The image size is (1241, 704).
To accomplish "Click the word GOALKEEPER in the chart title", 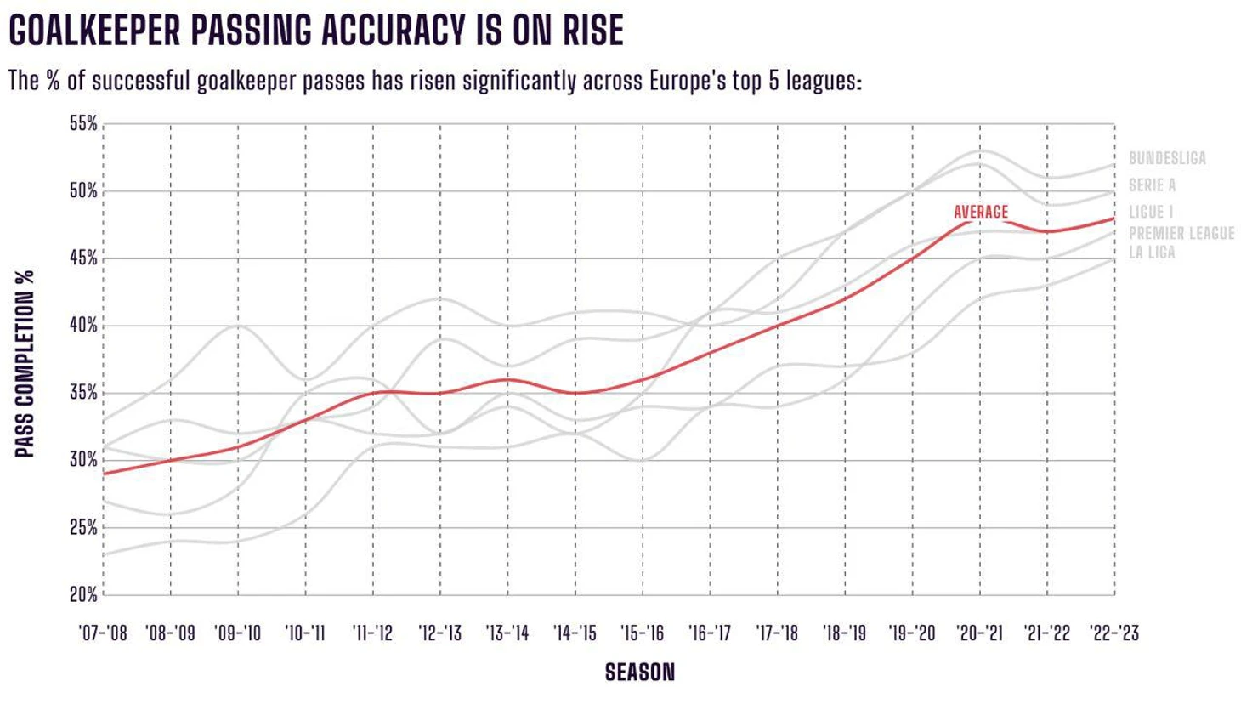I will click(x=94, y=30).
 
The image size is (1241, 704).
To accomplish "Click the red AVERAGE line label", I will click(x=981, y=212).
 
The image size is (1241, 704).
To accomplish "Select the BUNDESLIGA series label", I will click(x=1167, y=158).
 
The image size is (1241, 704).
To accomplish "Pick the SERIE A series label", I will click(x=1152, y=185).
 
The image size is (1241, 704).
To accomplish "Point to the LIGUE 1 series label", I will click(x=1150, y=213).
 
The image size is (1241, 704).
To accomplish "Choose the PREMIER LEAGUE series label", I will click(x=1181, y=233).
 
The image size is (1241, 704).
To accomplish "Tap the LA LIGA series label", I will click(x=1152, y=253).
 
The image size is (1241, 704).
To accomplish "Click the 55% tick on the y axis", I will click(x=83, y=124).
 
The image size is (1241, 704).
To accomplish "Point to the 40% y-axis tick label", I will click(x=83, y=326).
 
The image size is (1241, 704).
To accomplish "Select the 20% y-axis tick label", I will click(x=83, y=595).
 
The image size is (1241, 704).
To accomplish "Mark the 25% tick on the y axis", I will click(x=83, y=528).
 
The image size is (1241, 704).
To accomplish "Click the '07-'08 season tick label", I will click(x=103, y=633).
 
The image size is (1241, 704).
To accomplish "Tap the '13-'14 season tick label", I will click(x=507, y=633).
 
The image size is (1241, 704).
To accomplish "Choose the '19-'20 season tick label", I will click(x=912, y=633).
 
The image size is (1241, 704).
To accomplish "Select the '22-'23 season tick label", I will click(x=1114, y=633).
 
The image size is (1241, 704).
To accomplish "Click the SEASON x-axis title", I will click(x=640, y=673).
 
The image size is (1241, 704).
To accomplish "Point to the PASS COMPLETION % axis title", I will click(x=25, y=364).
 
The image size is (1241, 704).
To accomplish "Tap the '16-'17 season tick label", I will click(x=710, y=633).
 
